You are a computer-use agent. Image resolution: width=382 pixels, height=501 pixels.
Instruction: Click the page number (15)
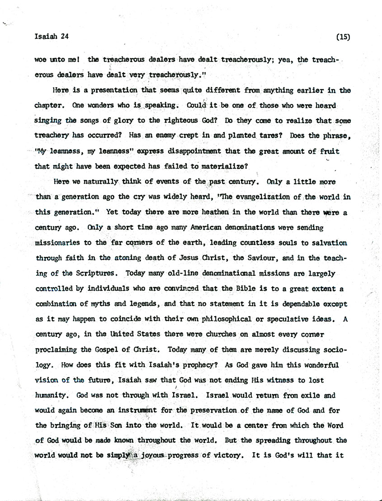343,38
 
